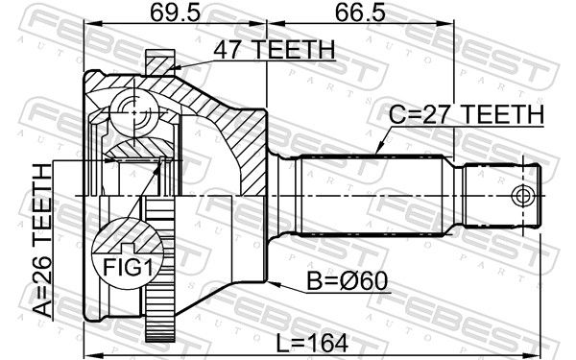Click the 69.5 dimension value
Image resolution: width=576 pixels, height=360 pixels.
(176, 13)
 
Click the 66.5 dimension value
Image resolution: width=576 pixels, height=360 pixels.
(360, 13)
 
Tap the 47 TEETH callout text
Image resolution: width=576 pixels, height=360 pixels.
(275, 50)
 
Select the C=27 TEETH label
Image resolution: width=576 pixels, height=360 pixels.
(467, 114)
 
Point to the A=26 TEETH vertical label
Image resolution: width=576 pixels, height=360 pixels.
(42, 241)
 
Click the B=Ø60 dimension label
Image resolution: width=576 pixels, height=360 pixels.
(348, 281)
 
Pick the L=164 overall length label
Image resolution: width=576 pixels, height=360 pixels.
(312, 344)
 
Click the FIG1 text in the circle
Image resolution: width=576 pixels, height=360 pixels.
(128, 267)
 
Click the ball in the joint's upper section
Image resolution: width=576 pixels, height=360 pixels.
(134, 112)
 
